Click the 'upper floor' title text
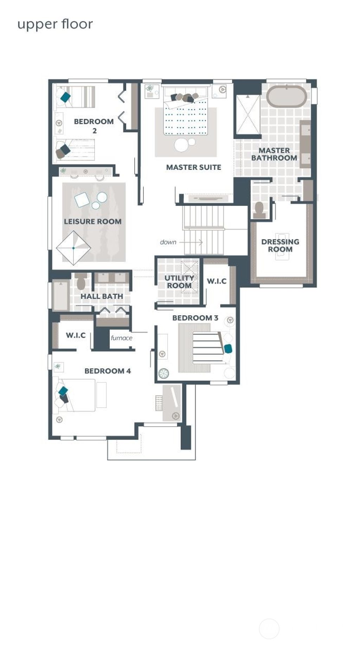coord(55,24)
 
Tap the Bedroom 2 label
coord(94,126)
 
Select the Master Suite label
coord(193,167)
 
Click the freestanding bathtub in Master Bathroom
coord(286,96)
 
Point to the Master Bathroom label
coord(274,154)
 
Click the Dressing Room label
coord(280,245)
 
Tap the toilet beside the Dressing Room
coord(259,210)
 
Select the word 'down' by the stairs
coord(168,242)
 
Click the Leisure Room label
coord(93,221)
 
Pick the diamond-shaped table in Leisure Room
coord(73,248)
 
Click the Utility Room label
coord(179,282)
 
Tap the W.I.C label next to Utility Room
coord(217,281)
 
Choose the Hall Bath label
coord(102,296)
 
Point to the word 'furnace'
coord(121,338)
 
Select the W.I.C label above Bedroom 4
coord(76,335)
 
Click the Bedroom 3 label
coord(195,318)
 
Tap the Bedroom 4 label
coord(108,371)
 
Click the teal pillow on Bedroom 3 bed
coord(228,348)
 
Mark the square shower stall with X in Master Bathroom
coord(248,115)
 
